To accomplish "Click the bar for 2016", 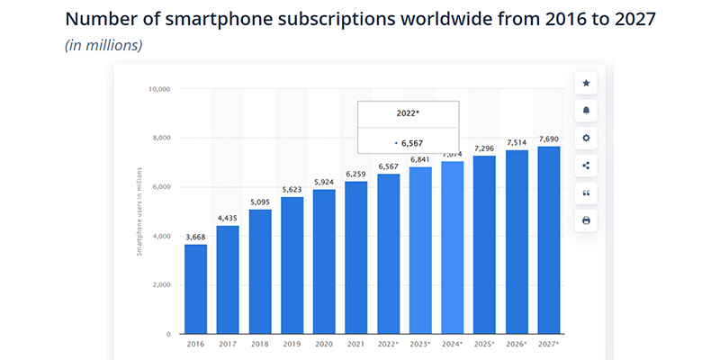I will (x=195, y=289).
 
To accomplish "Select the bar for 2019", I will (x=292, y=265).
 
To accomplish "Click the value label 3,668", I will (x=195, y=237).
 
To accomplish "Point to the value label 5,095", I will (x=260, y=202).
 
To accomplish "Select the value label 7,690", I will (x=548, y=139).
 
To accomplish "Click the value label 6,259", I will (x=356, y=174).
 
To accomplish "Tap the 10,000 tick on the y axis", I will (x=159, y=89).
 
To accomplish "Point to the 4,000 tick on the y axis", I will (x=161, y=236).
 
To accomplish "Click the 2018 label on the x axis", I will (x=260, y=344).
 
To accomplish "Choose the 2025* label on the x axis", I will (x=484, y=344).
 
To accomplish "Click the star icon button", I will (x=586, y=83).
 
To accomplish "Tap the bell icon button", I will (x=586, y=111).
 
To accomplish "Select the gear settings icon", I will (x=586, y=138).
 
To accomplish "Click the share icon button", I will (x=586, y=166).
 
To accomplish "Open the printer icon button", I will (x=586, y=220).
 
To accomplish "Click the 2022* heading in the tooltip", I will (x=409, y=114).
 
